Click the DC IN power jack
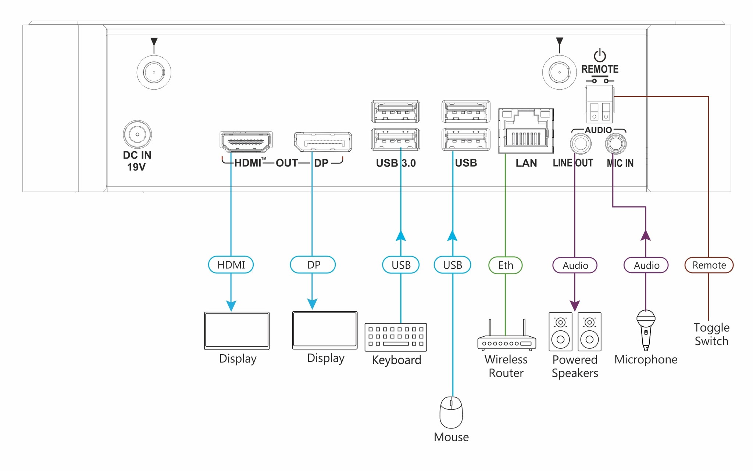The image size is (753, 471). point(137,134)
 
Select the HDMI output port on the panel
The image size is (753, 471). point(246,142)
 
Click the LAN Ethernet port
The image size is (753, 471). point(526,131)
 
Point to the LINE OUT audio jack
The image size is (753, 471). point(581,144)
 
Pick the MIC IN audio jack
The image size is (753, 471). point(615,144)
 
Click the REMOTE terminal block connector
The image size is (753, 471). point(599,104)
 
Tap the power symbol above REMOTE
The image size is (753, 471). point(600,55)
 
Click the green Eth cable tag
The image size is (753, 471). point(505,265)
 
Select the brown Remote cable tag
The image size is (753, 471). point(709,265)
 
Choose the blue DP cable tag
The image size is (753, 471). point(313,265)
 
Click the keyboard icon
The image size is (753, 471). point(396,337)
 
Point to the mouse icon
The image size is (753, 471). point(451,412)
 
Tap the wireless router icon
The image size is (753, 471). point(506,338)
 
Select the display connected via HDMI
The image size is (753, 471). point(237,330)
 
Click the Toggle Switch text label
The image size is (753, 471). point(711,334)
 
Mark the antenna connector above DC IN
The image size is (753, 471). point(154,72)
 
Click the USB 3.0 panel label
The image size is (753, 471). point(396,163)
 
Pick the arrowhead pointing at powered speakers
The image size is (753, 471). point(575,305)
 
